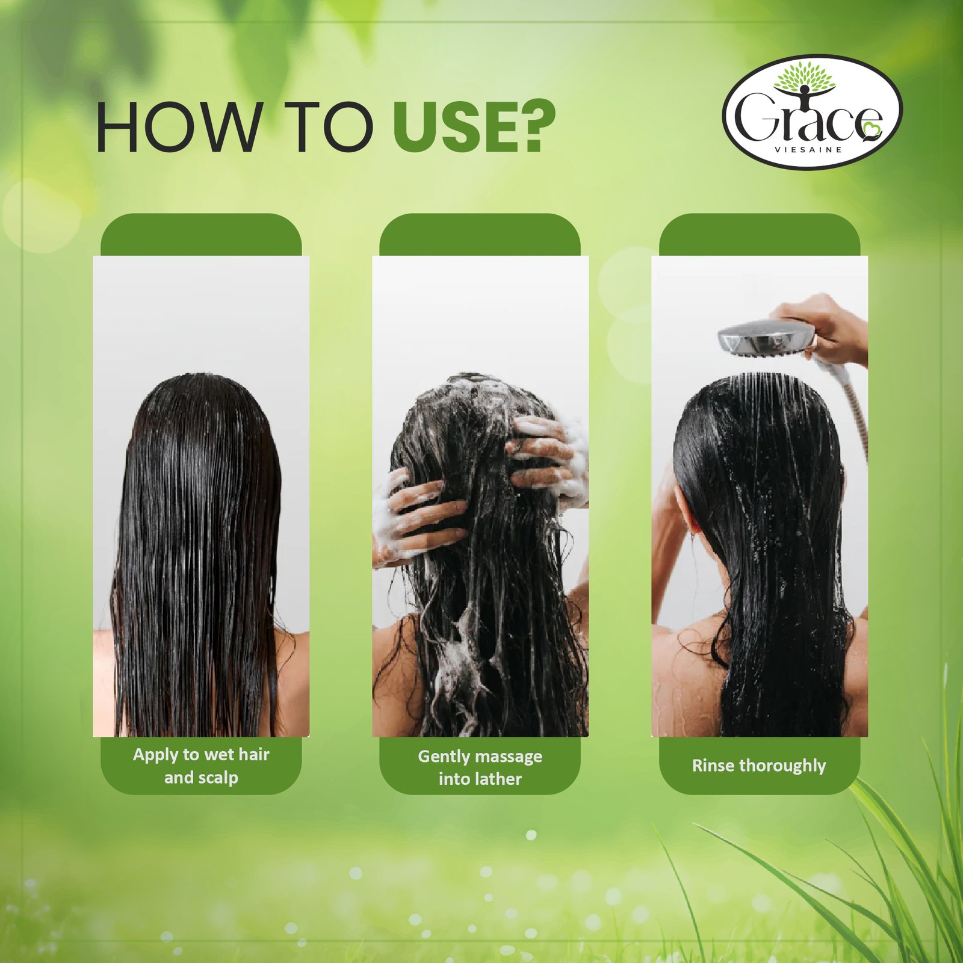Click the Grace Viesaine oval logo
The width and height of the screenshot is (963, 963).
pos(812,113)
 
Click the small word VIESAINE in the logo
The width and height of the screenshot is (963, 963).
pos(808,150)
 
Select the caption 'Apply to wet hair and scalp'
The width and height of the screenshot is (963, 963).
pos(201,766)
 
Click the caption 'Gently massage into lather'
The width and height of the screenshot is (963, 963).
pos(480,767)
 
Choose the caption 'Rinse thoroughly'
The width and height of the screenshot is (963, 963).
pos(758,766)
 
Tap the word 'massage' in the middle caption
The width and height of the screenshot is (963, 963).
pos(509,757)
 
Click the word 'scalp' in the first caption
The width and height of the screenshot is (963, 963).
pos(218,778)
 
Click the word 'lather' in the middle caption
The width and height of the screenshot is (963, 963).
pos(497,779)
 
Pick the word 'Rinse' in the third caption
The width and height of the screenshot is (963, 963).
pos(713,766)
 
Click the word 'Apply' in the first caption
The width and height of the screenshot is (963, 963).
pos(155,755)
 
